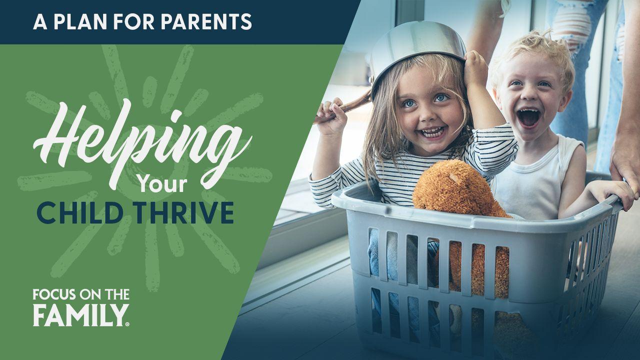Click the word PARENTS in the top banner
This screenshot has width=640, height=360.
[206, 21]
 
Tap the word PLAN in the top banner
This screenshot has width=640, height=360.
[80, 21]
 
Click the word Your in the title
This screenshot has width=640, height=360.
[163, 184]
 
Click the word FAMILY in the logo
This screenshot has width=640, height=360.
[79, 315]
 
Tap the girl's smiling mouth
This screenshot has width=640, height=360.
[432, 132]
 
